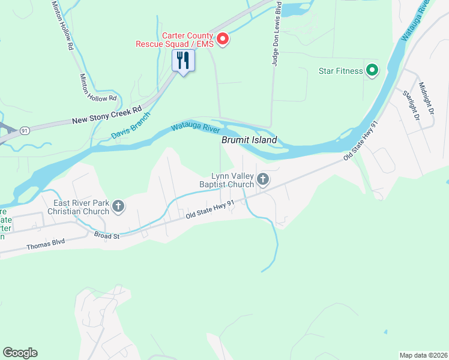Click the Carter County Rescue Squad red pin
pos(223,40)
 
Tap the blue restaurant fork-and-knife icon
pos(184,61)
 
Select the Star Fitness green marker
pos(372,71)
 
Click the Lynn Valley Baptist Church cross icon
pos(262,179)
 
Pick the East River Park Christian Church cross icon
pos(118,207)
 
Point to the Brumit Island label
pos(249,140)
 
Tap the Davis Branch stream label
pos(130,127)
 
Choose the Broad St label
pos(107,235)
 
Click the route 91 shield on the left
pos(25,130)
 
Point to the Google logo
pos(20,353)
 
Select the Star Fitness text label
pos(340,71)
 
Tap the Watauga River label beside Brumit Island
pos(195,128)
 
